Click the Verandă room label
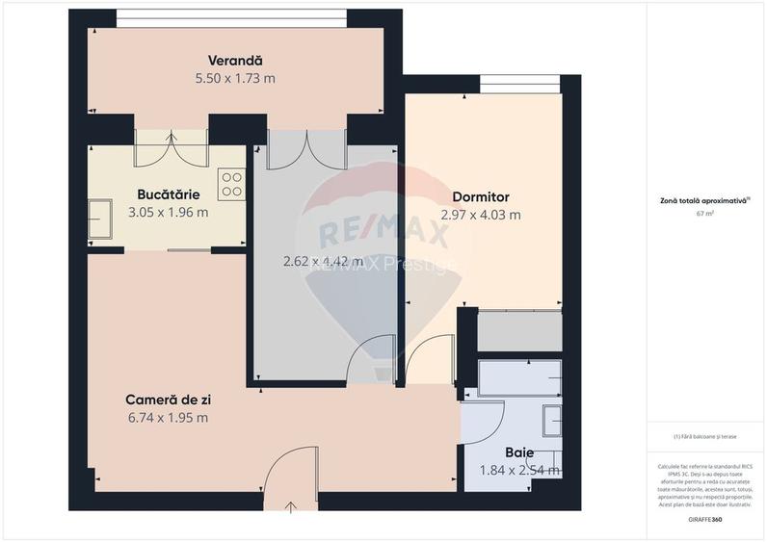pos(235,60)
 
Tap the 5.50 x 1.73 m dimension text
pos(235,78)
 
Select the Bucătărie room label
pos(168,194)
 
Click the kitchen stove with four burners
pos(231,184)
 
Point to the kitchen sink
pos(98,218)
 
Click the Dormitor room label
pos(480,196)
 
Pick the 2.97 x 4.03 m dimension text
pos(480,215)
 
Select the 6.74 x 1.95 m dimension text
pos(168,417)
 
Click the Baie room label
pos(519,452)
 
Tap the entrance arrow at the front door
pos(291,504)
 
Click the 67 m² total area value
pos(704,213)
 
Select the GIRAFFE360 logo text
pos(704,520)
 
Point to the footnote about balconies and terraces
pos(704,436)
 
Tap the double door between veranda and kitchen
pos(172,147)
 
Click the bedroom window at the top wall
pos(519,90)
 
